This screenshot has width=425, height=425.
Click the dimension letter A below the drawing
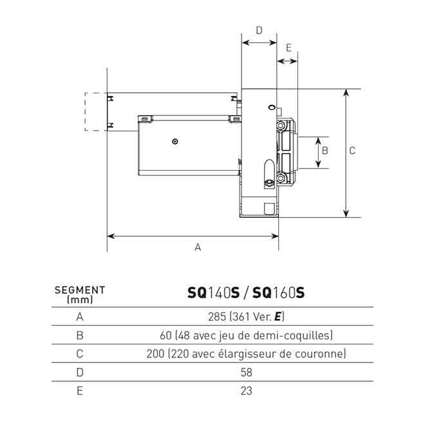[x=198, y=247]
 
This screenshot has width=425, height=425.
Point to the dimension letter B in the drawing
[x=325, y=150]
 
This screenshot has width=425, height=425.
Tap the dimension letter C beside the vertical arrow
[x=352, y=151]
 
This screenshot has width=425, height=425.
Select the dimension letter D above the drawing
[x=259, y=30]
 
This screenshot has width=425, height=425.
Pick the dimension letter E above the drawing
[x=288, y=48]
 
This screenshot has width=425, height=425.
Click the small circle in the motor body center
[x=175, y=141]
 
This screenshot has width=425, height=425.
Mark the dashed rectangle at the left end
[x=95, y=111]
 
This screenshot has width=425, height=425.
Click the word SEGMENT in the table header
[x=80, y=290]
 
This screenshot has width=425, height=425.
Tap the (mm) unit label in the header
[x=80, y=299]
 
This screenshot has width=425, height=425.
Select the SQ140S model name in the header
[x=213, y=293]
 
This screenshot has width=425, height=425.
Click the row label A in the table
[x=80, y=317]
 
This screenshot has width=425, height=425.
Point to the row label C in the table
[x=80, y=354]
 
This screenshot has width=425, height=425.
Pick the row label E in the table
[x=80, y=390]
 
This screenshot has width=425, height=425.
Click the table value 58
[x=246, y=372]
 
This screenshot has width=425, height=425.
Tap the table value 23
[x=246, y=390]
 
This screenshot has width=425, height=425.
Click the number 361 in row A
[x=241, y=317]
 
